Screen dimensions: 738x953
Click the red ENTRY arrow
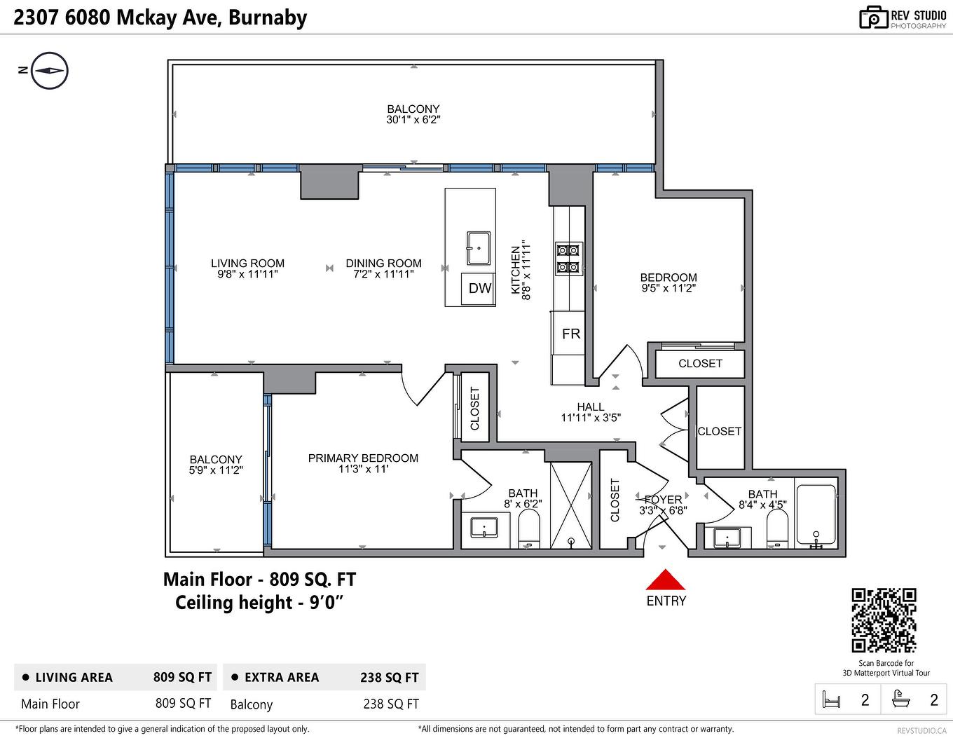pyautogui.click(x=665, y=580)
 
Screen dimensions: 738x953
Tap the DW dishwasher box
pyautogui.click(x=479, y=288)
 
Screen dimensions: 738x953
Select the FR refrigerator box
pyautogui.click(x=570, y=334)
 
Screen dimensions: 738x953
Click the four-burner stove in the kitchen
pyautogui.click(x=568, y=258)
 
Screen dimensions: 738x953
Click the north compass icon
pyautogui.click(x=50, y=70)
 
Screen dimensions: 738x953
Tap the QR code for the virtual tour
pyautogui.click(x=884, y=620)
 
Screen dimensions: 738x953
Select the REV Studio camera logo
pyautogui.click(x=873, y=18)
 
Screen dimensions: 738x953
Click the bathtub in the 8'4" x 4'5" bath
pyautogui.click(x=816, y=514)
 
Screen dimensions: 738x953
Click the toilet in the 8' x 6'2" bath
pyautogui.click(x=529, y=528)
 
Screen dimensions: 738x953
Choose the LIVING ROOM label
pyautogui.click(x=247, y=264)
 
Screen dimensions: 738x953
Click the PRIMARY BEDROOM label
pyautogui.click(x=363, y=458)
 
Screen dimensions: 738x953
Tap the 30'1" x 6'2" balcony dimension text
pyautogui.click(x=413, y=120)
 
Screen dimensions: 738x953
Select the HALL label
pyautogui.click(x=591, y=406)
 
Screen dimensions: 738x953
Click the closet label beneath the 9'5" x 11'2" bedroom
pyautogui.click(x=699, y=363)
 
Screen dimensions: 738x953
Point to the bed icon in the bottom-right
pyautogui.click(x=831, y=699)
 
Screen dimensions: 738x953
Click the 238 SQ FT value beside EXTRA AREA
pyautogui.click(x=389, y=678)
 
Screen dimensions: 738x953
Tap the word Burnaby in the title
pyautogui.click(x=268, y=18)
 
